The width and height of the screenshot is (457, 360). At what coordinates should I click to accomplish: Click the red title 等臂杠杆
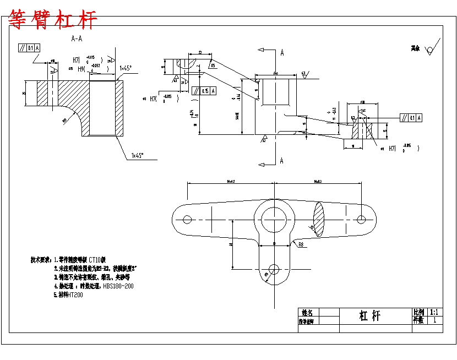click(53, 20)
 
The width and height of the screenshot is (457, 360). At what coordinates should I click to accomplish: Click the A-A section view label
click(77, 39)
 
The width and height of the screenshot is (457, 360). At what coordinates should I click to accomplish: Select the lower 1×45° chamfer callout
click(138, 156)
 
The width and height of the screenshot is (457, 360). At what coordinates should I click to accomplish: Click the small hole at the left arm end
click(187, 219)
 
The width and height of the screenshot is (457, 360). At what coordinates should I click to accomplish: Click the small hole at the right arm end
click(361, 219)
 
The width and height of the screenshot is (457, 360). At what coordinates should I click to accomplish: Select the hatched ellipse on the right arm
click(319, 219)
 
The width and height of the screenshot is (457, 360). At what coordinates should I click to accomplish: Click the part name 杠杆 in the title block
click(369, 315)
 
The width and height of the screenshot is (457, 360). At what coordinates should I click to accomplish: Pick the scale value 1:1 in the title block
click(434, 312)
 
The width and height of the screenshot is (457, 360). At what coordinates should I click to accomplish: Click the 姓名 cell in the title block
click(307, 312)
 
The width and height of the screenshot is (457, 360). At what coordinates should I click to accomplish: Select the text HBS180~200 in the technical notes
click(118, 286)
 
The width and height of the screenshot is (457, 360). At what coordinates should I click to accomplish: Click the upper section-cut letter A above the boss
click(282, 53)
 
